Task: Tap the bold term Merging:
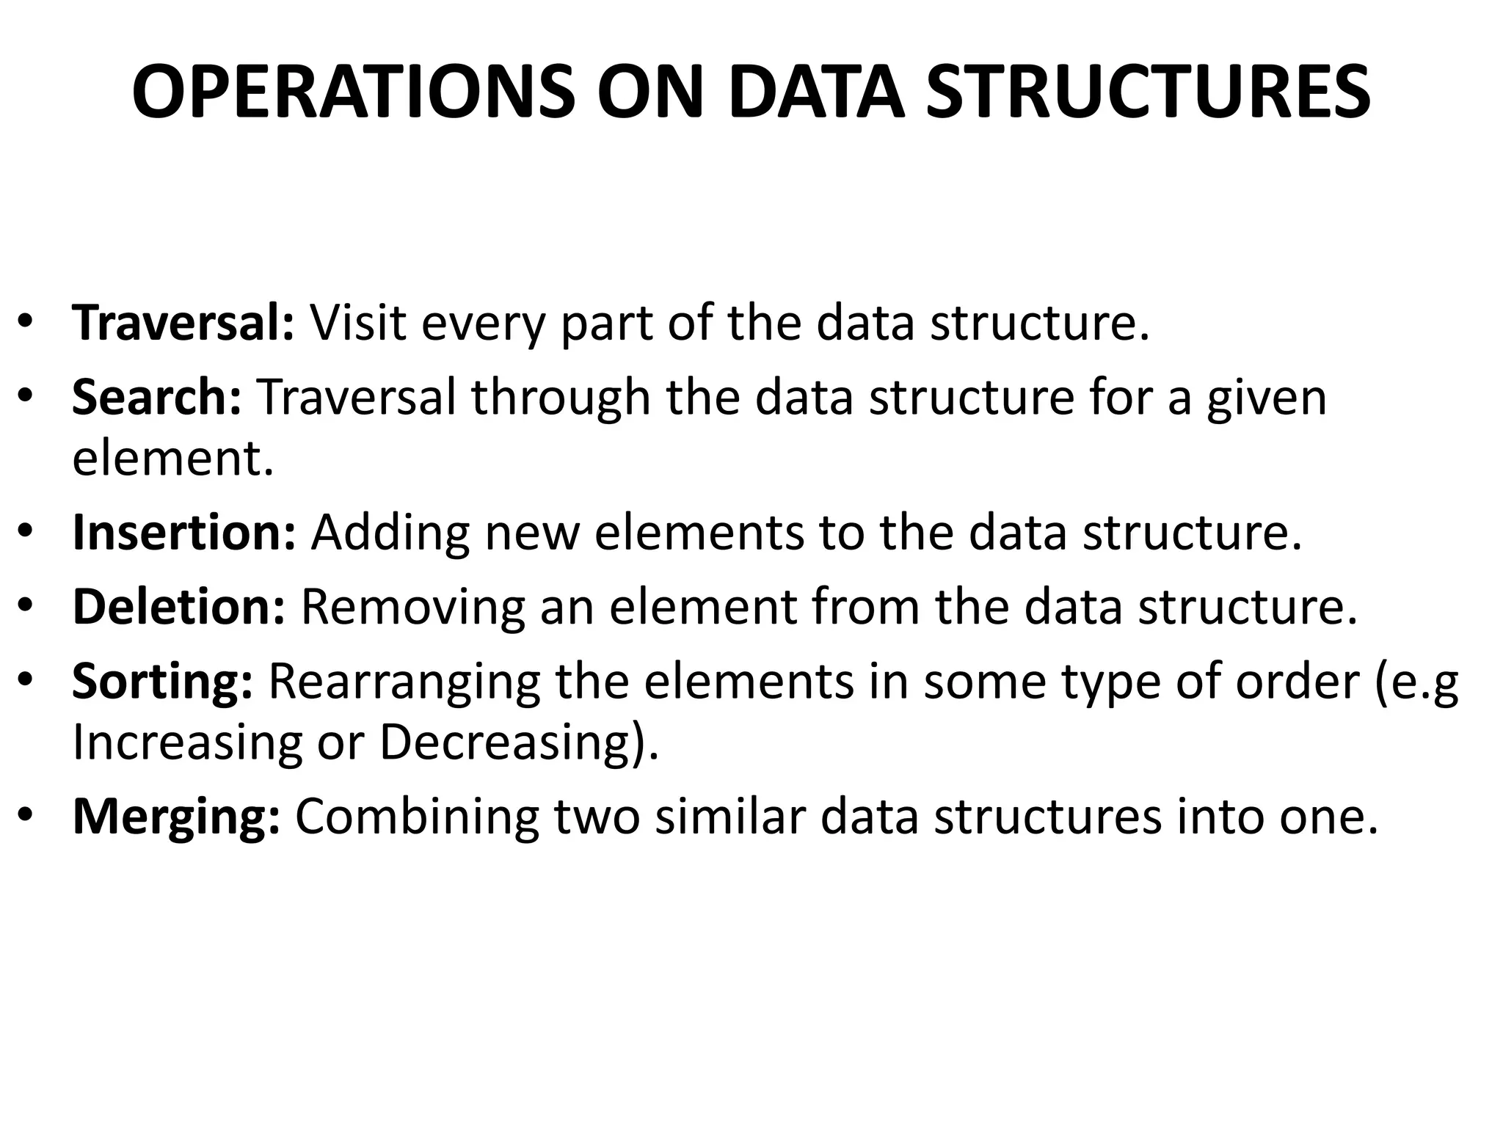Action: (176, 816)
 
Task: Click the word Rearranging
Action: (404, 681)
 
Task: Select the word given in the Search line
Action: (1266, 398)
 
